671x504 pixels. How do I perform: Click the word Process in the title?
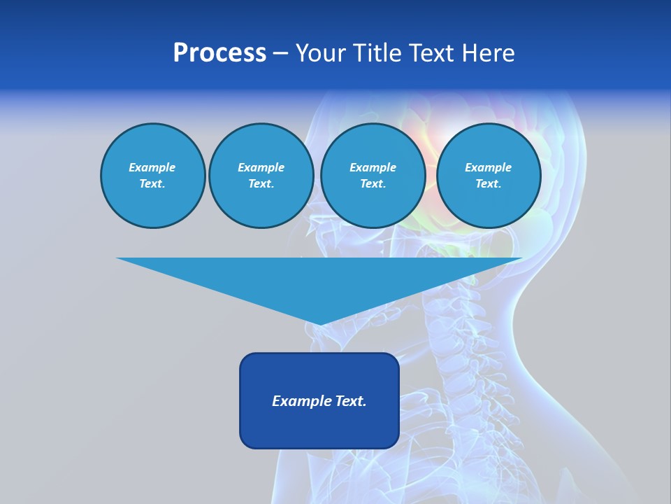[219, 53]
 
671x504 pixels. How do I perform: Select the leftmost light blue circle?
[152, 176]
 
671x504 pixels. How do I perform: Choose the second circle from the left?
[261, 176]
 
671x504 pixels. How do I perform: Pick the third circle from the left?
[373, 176]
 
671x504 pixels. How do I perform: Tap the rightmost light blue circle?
[488, 176]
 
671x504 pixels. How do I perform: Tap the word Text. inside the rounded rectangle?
[350, 401]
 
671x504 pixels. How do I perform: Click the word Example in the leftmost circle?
[152, 167]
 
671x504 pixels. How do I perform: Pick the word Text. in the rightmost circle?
[488, 184]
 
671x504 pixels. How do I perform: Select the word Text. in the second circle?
[261, 184]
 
